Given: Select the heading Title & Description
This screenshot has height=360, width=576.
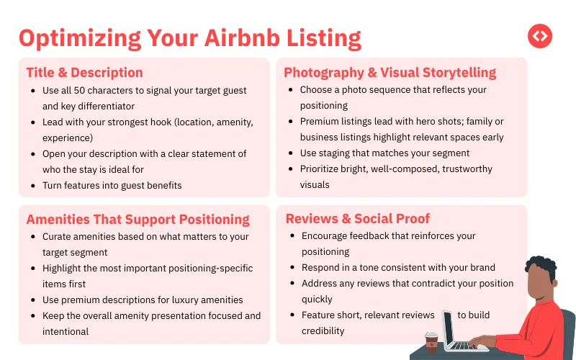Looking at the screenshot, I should click(84, 73).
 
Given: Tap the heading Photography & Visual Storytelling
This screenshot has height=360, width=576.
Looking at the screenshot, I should click(390, 73).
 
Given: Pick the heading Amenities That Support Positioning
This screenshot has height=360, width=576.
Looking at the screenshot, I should click(138, 219).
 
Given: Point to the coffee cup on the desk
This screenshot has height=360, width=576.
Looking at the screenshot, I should click(431, 342).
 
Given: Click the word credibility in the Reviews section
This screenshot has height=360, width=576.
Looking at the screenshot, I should click(323, 330).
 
